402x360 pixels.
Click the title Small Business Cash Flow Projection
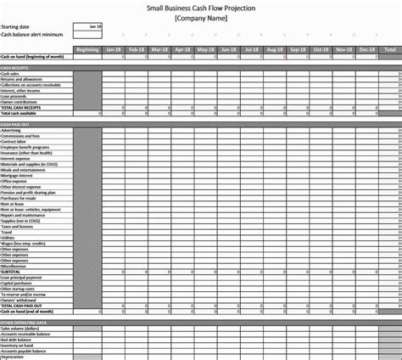click(201, 7)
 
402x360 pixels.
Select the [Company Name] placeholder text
click(201, 17)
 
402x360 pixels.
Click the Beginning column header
click(87, 49)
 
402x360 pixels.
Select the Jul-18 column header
click(251, 49)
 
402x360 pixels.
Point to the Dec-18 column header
click(366, 49)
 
